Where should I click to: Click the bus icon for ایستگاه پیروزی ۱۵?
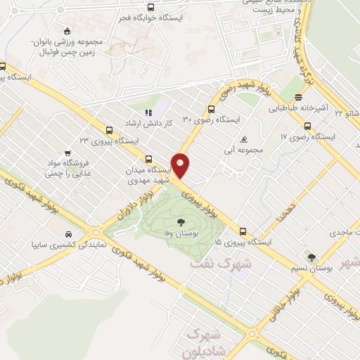243,231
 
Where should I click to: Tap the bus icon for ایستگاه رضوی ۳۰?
210,109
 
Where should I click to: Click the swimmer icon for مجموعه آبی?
243,139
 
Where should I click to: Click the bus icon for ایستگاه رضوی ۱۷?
307,126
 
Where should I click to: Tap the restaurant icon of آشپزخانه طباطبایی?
298,98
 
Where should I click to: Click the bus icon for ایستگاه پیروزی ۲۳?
108,130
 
